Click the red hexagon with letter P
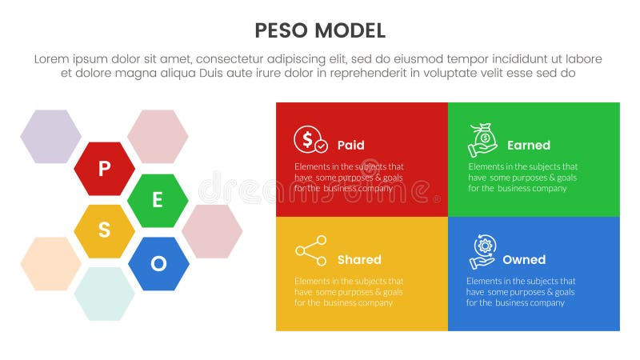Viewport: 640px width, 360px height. coord(104,169)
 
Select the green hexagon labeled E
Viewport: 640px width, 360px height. coord(158,201)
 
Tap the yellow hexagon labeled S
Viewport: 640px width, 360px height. coord(104,231)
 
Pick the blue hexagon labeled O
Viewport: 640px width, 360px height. coord(158,263)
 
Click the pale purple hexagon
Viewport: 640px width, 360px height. coord(50,137)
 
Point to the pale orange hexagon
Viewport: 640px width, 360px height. coord(50,263)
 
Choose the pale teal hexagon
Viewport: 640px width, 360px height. coord(104,294)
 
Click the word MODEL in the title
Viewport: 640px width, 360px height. coord(350,31)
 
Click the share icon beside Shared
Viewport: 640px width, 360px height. coord(310,251)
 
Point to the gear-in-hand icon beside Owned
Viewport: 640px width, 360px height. coord(482,252)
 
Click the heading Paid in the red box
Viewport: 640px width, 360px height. coord(350,146)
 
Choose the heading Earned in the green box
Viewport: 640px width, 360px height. coord(528,146)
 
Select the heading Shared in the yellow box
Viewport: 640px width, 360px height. coord(359,260)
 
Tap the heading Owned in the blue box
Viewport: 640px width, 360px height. coord(524,260)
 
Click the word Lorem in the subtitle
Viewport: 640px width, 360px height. coord(53,59)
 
